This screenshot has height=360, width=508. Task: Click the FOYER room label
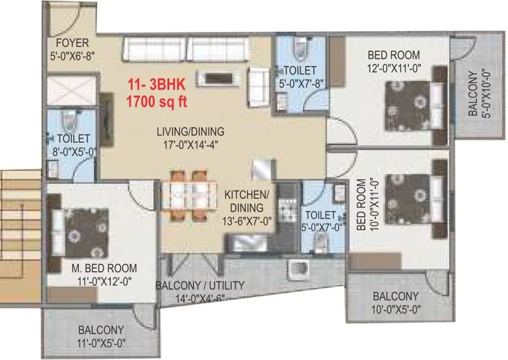pos(72,44)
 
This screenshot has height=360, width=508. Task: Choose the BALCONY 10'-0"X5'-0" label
pos(395,302)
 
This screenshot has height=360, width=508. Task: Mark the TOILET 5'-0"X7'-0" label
pos(319,220)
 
